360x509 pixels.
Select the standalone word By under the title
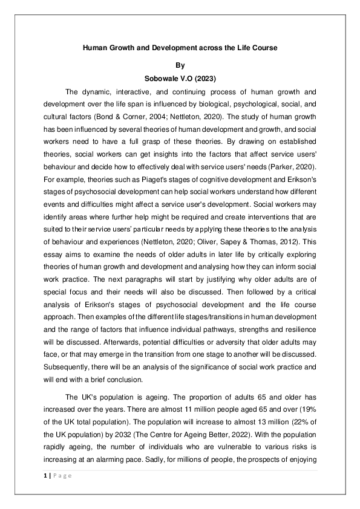[180, 65]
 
